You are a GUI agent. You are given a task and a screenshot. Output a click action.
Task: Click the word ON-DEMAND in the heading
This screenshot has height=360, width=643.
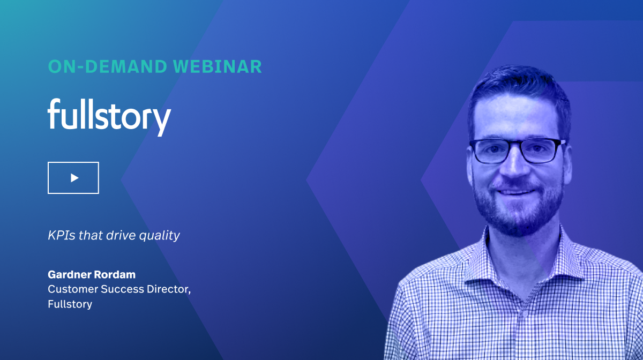pos(107,66)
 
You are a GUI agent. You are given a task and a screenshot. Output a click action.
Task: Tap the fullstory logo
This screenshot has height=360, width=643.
pos(109,115)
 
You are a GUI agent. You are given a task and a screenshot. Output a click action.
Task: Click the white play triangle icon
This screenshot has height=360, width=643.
pos(74,177)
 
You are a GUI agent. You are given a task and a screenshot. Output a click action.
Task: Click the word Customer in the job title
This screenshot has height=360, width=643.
pos(70,289)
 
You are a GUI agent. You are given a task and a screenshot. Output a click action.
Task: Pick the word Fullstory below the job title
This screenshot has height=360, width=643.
pos(70,304)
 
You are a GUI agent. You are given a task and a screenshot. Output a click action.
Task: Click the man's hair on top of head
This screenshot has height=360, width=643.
pos(514,86)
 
